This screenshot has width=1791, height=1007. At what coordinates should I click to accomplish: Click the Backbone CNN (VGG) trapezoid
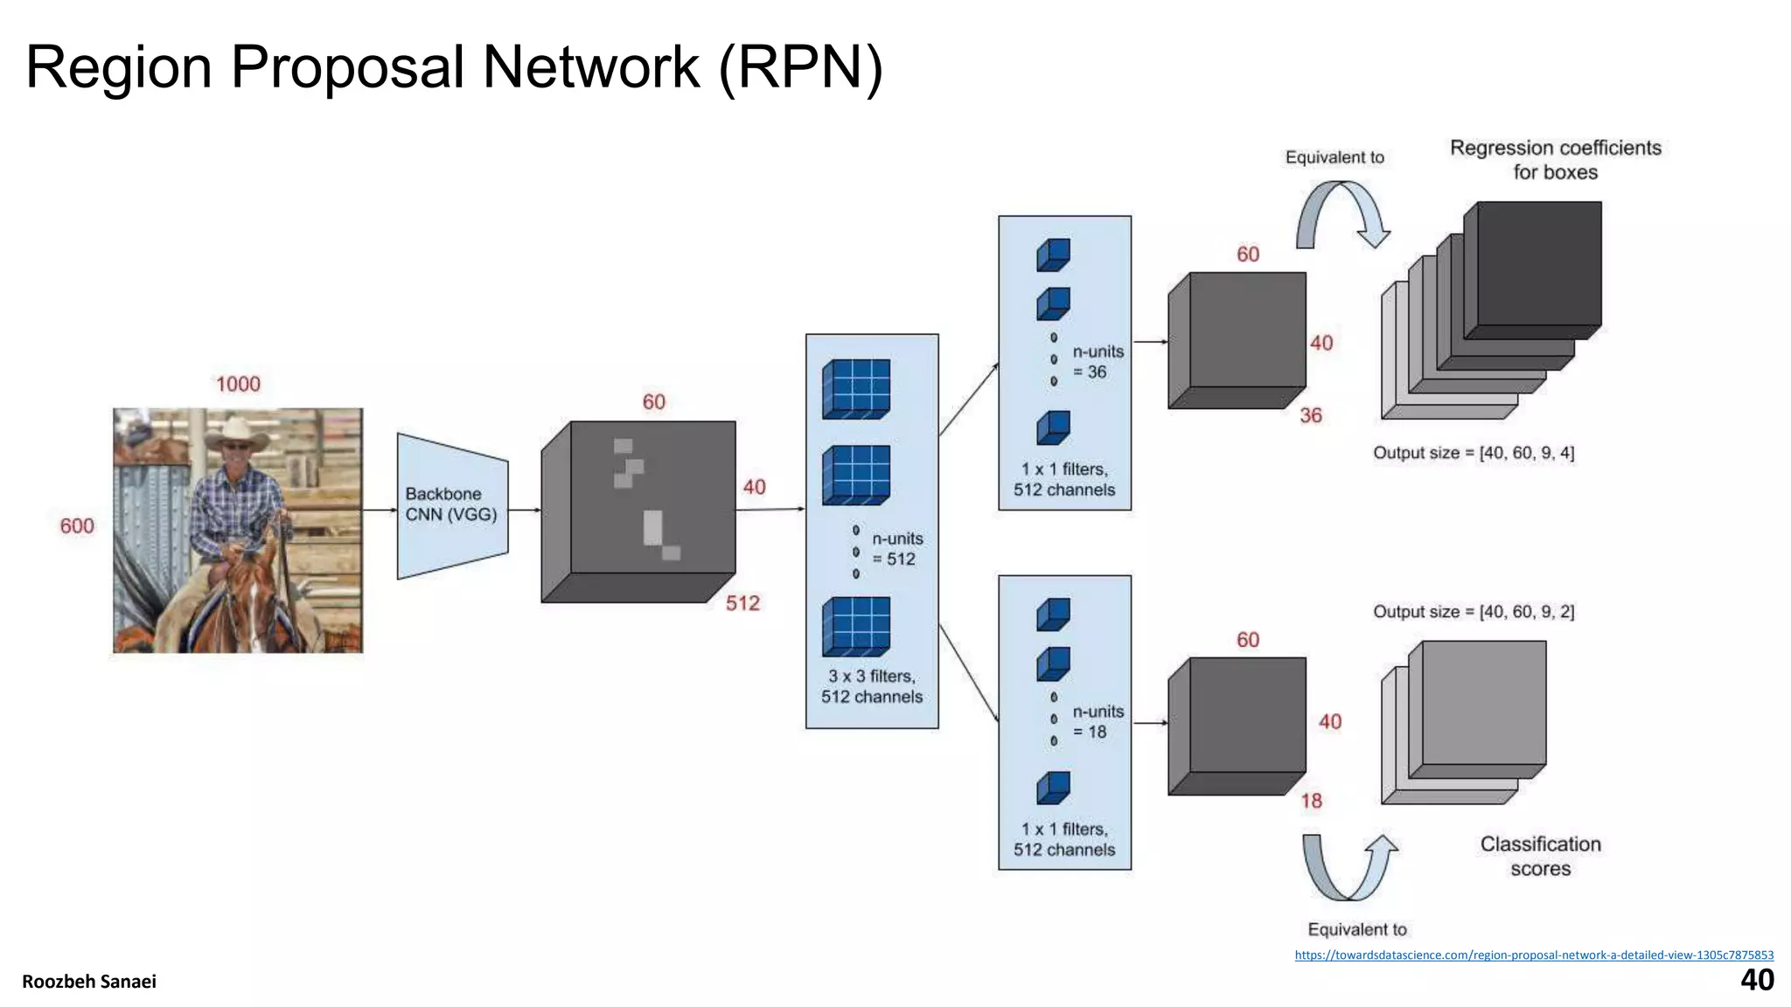coord(451,505)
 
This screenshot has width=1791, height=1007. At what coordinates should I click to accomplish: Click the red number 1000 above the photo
coord(238,384)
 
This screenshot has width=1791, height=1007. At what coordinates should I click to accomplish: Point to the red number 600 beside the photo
coord(77,525)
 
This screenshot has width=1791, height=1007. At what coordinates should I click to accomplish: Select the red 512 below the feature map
coord(742,603)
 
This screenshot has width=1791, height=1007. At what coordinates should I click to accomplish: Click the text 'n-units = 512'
coord(896,549)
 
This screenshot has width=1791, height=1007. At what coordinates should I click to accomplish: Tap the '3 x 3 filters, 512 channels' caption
coord(871,686)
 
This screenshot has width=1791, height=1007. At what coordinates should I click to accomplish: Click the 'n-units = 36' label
coord(1097,362)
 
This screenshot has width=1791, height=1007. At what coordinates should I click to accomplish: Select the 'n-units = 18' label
coord(1097,722)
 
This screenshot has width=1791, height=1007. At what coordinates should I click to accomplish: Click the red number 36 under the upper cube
coord(1310,415)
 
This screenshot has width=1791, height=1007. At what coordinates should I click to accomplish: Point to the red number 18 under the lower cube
coord(1311,801)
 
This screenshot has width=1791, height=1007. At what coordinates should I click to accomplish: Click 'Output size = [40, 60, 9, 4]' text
coord(1474,453)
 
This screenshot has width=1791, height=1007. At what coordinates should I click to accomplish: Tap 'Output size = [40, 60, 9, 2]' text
coord(1474,612)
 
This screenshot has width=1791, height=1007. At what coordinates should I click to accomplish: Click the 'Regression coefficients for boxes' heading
coord(1555,159)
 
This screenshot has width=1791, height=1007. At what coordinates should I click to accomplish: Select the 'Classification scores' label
coord(1540,856)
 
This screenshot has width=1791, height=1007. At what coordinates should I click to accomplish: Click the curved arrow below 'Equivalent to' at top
coord(1342,214)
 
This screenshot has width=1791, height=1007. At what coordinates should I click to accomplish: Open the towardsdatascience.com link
coord(1534,955)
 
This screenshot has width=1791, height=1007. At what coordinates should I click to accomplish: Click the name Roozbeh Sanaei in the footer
coord(89,982)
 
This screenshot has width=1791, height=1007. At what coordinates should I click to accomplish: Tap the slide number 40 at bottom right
coord(1757,980)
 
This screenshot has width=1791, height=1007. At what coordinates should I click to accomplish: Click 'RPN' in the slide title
coord(801,67)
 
